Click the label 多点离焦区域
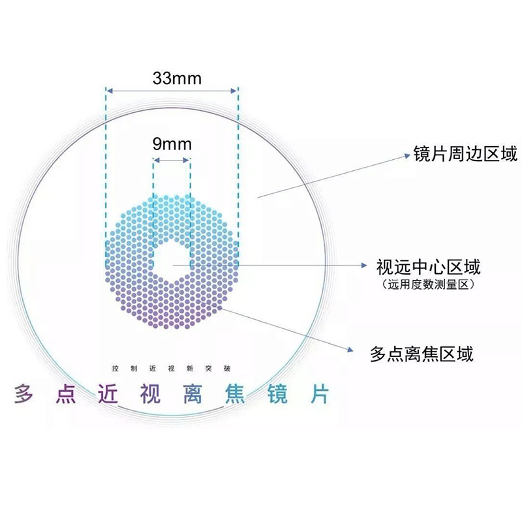(421, 354)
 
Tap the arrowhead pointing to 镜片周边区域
(405, 156)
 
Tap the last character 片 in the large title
(318, 393)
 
